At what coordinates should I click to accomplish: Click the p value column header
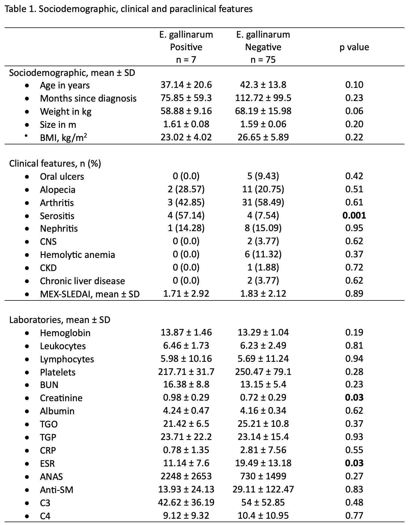coord(354,47)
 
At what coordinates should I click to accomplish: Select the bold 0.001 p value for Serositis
coord(354,215)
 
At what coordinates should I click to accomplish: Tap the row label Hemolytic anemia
coord(77,255)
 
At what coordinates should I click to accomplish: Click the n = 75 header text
coord(263,60)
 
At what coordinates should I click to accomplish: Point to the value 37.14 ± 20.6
coord(186,85)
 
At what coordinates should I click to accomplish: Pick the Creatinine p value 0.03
coord(354,397)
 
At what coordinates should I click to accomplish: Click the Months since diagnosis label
coord(88,98)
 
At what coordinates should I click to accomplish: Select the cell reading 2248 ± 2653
coord(186,476)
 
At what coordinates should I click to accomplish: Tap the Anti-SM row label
coord(56,490)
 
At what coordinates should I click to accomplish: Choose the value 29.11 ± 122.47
coord(263,489)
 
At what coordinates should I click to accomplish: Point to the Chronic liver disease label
coord(82,281)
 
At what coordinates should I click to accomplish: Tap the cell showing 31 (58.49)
coord(263,202)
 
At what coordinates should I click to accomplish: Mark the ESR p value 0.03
coord(354,463)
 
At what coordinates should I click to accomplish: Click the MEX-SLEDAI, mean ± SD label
coord(90,294)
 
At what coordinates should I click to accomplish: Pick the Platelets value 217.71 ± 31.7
coord(186,371)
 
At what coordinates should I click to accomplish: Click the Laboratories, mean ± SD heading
coord(60,320)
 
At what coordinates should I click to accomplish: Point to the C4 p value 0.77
coord(354,515)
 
